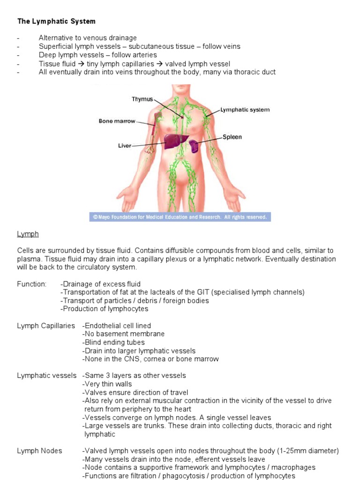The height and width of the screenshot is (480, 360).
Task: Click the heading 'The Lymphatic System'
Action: (56, 21)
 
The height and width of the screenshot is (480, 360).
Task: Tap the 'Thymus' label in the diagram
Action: (142, 99)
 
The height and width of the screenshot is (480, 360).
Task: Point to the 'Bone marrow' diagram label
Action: (117, 121)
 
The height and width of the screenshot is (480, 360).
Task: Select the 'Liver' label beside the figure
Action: (124, 146)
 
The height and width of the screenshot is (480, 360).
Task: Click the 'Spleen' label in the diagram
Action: (232, 137)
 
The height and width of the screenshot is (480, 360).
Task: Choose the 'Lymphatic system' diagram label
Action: (245, 110)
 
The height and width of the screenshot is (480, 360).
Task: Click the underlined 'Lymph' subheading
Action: (28, 234)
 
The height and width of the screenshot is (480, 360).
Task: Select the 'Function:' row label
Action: (32, 284)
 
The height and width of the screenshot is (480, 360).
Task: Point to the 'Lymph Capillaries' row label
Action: (46, 326)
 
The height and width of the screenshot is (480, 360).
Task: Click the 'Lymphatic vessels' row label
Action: (47, 375)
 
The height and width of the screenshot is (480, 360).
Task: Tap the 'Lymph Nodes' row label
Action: (39, 451)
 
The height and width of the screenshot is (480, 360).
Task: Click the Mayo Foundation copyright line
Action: (180, 217)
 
